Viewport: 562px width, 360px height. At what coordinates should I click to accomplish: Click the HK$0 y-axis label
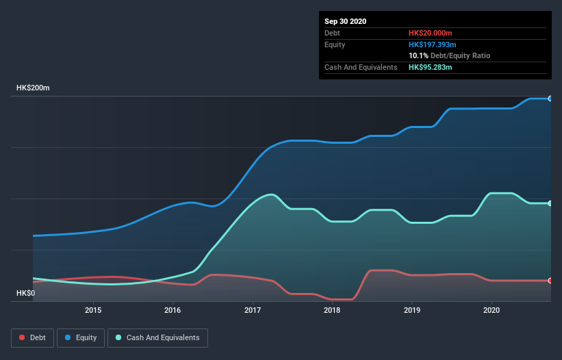pyautogui.click(x=25, y=294)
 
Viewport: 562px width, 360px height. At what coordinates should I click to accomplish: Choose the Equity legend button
pyautogui.click(x=81, y=337)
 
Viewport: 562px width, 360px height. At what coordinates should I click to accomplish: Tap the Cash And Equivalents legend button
pyautogui.click(x=157, y=337)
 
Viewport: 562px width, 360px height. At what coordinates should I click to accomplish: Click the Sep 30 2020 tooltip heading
pyautogui.click(x=346, y=21)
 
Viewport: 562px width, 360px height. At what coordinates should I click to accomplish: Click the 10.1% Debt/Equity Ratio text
pyautogui.click(x=449, y=55)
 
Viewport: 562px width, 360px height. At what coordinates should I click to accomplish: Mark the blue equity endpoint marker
pyautogui.click(x=550, y=99)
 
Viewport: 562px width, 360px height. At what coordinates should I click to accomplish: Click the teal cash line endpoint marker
pyautogui.click(x=550, y=203)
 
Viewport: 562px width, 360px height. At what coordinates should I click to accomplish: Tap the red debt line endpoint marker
pyautogui.click(x=550, y=281)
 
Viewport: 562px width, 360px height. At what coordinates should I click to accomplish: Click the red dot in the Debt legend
pyautogui.click(x=23, y=337)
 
